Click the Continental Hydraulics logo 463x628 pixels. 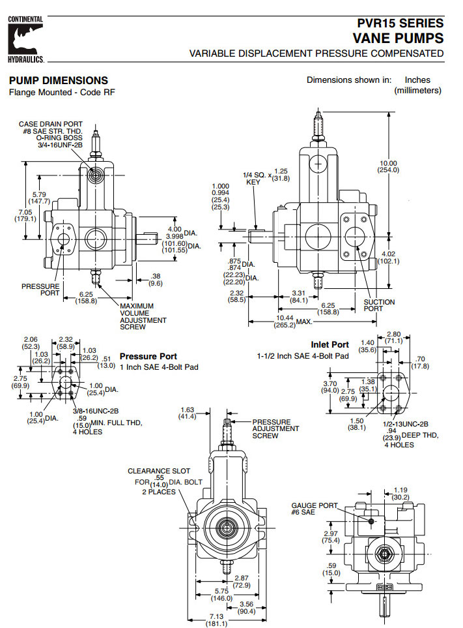[25, 39]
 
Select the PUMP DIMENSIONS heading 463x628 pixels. [58, 80]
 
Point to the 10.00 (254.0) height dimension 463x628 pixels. [388, 166]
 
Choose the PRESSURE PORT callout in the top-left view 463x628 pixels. [40, 290]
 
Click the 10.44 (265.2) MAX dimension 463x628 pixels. [285, 321]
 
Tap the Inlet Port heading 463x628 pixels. [330, 344]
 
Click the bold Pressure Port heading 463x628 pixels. [148, 357]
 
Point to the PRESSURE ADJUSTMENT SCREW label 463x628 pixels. [275, 428]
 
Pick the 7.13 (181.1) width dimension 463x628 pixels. [217, 620]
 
